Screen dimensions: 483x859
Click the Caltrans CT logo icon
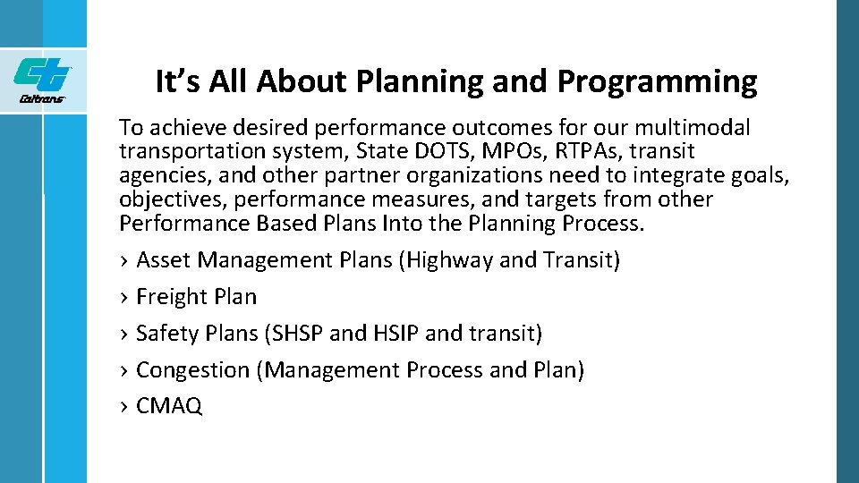(42, 73)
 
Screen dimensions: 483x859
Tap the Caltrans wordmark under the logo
(42, 99)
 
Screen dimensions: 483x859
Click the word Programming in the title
(657, 82)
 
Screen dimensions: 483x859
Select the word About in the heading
(303, 82)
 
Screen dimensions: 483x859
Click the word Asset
(164, 260)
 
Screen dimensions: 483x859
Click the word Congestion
(192, 370)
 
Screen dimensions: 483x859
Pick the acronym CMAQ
(169, 407)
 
